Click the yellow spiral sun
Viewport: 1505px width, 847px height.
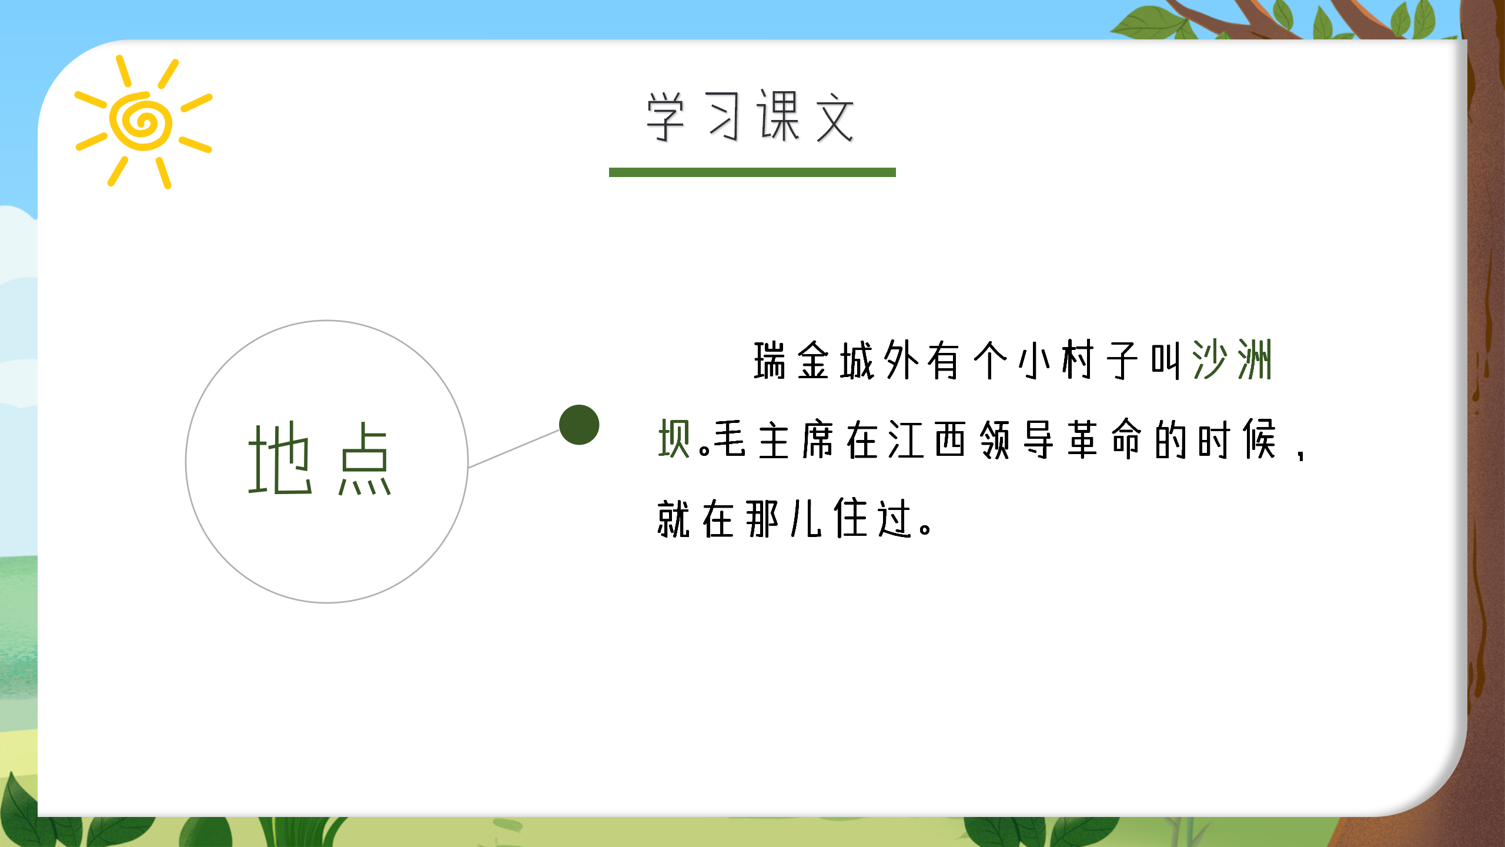(x=142, y=122)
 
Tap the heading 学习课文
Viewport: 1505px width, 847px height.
(x=751, y=117)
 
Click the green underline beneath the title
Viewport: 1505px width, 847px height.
(x=752, y=172)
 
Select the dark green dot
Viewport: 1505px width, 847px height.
(x=579, y=425)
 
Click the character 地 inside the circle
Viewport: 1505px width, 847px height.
(x=280, y=459)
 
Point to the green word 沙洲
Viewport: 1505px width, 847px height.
(x=1232, y=360)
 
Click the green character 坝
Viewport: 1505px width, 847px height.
(x=674, y=439)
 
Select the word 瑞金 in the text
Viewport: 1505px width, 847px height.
(x=792, y=360)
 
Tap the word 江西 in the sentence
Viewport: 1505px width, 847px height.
(x=927, y=439)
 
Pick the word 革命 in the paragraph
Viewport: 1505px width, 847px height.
(x=1103, y=439)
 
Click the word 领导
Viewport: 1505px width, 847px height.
(x=1016, y=439)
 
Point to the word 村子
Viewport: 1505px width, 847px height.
(x=1099, y=360)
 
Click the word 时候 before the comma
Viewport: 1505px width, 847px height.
(x=1236, y=439)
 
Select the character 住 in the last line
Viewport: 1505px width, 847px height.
(x=851, y=518)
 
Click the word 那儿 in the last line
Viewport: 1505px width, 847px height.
(x=784, y=518)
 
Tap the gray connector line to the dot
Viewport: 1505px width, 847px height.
(x=514, y=449)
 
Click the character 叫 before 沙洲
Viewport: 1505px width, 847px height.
(x=1166, y=360)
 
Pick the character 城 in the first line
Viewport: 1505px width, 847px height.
(x=857, y=360)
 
